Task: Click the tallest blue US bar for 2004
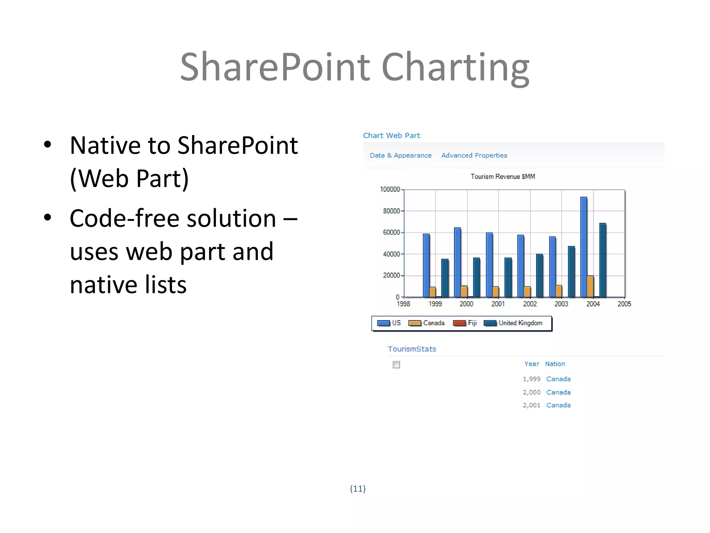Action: tap(583, 246)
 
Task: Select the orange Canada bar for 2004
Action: tap(590, 286)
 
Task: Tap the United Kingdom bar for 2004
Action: tap(603, 260)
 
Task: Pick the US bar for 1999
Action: tap(426, 265)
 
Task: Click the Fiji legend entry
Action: tap(465, 323)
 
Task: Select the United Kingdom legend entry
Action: tap(513, 323)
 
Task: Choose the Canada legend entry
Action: tap(426, 323)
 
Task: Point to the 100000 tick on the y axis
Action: tap(390, 189)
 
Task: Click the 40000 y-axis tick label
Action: tap(391, 254)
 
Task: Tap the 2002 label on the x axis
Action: tap(530, 304)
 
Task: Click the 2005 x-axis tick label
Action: tap(624, 304)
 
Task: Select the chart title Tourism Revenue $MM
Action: tap(503, 177)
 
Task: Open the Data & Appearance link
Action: tap(401, 155)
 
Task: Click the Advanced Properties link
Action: tap(474, 155)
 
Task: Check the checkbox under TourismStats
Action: tap(396, 365)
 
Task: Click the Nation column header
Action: tap(555, 364)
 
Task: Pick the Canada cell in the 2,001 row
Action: tap(558, 405)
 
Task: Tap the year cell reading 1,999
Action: tap(531, 379)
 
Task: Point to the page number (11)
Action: tap(358, 489)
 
